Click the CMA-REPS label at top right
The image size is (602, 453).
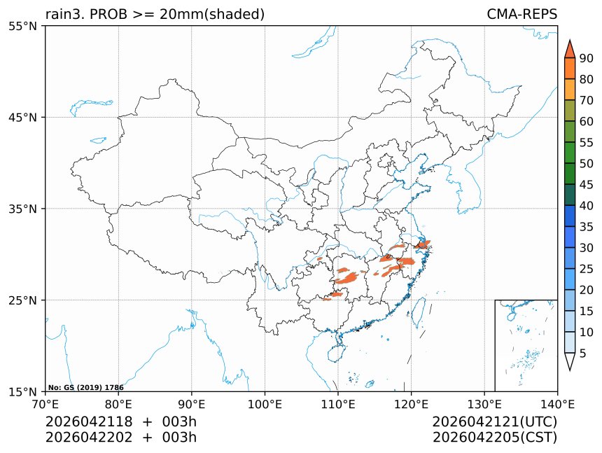[x=521, y=14]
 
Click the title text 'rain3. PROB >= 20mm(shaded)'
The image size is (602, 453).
[x=155, y=14]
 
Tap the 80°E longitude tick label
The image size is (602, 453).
[x=118, y=404]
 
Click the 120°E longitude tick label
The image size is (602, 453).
[x=411, y=404]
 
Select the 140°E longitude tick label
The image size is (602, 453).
[x=557, y=404]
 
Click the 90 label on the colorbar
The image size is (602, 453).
[x=587, y=58]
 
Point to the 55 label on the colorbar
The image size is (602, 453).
[x=587, y=143]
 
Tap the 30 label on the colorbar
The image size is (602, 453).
[x=587, y=248]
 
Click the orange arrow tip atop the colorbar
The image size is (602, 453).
[x=570, y=48]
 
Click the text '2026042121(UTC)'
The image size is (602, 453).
[x=494, y=422]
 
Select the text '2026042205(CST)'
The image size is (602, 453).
[x=494, y=438]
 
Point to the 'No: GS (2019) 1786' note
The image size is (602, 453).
[x=86, y=387]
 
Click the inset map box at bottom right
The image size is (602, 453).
[x=526, y=345]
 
